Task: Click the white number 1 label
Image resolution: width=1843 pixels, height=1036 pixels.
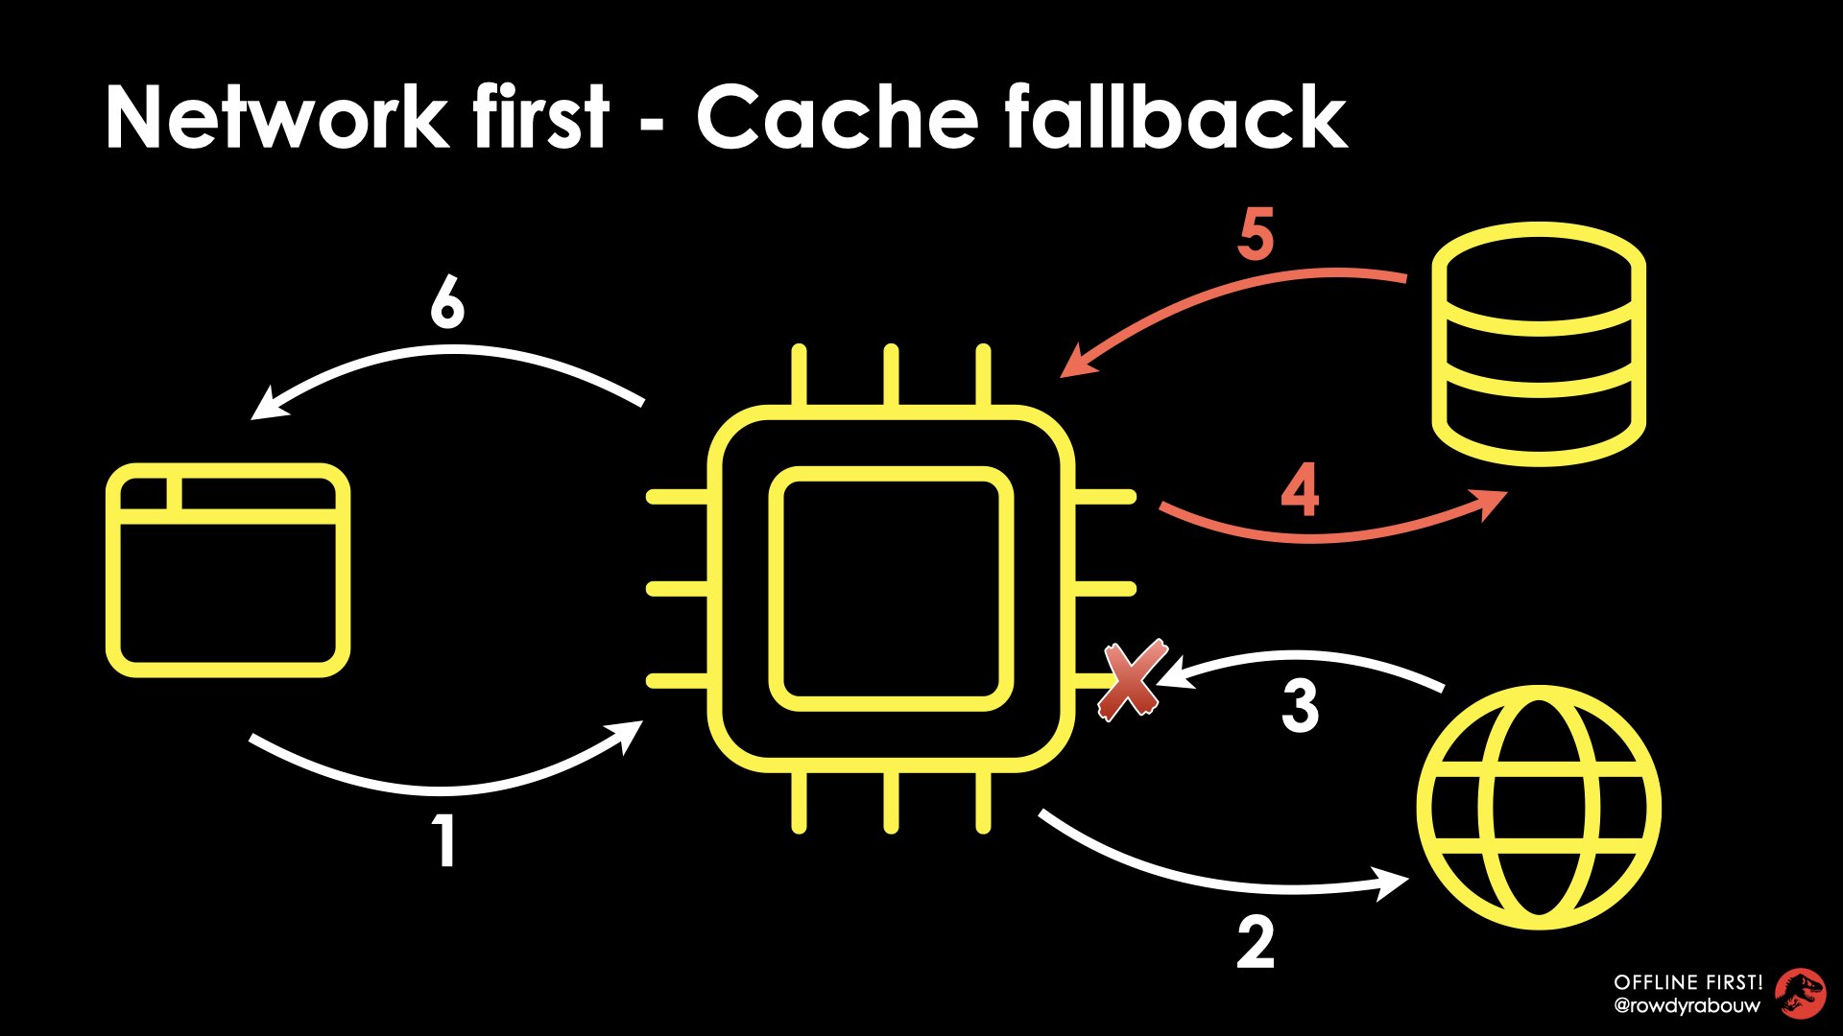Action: point(443,840)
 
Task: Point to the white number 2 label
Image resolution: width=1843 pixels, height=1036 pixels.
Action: point(1256,942)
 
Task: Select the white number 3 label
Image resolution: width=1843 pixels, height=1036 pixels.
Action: point(1300,706)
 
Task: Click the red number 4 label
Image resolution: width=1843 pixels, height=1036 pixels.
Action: point(1300,490)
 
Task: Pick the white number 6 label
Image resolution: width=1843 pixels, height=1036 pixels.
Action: point(446,304)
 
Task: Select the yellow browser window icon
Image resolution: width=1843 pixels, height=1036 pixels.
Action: point(227,570)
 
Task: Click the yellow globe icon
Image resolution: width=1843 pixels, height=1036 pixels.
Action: point(1539,807)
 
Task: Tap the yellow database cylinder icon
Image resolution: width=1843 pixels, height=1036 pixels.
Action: point(1539,343)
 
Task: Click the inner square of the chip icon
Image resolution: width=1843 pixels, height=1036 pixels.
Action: point(891,589)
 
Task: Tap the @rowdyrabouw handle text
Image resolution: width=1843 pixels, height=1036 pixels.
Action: point(1687,1006)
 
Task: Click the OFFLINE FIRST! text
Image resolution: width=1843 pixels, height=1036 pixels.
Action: point(1687,982)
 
